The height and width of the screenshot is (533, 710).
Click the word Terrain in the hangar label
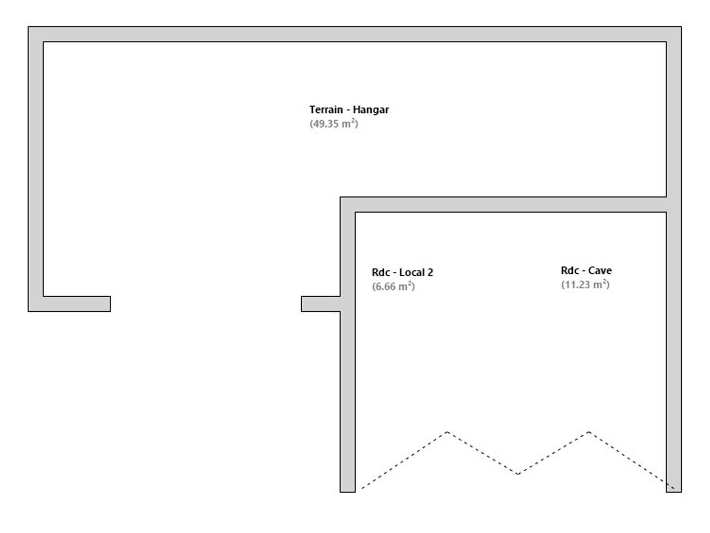pyautogui.click(x=326, y=110)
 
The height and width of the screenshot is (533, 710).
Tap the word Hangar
pyautogui.click(x=371, y=110)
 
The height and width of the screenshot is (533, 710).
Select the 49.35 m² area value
pyautogui.click(x=334, y=123)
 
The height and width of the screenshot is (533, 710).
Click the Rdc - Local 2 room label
pyautogui.click(x=402, y=272)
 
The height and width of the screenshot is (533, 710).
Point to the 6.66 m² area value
pyautogui.click(x=393, y=286)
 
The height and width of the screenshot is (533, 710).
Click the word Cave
pyautogui.click(x=600, y=270)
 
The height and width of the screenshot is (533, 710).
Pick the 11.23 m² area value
pyautogui.click(x=585, y=284)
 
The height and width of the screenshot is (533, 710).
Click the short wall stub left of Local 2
pyautogui.click(x=320, y=304)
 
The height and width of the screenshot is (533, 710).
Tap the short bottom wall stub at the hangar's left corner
pyautogui.click(x=76, y=304)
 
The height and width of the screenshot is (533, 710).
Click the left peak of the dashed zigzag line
pyautogui.click(x=447, y=432)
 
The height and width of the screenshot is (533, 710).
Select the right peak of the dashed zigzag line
pyautogui.click(x=589, y=432)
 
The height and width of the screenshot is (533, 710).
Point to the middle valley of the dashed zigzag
pyautogui.click(x=518, y=474)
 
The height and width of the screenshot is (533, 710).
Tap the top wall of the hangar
pyautogui.click(x=355, y=34)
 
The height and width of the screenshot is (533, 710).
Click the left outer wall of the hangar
pyautogui.click(x=35, y=169)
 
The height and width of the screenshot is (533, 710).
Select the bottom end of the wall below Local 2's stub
pyautogui.click(x=348, y=492)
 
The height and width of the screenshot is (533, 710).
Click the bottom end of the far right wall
pyautogui.click(x=674, y=492)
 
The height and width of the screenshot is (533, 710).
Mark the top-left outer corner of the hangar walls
pyautogui.click(x=28, y=27)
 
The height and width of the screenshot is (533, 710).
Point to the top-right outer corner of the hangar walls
pyautogui.click(x=681, y=27)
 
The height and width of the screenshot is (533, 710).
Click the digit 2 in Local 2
pyautogui.click(x=430, y=272)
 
